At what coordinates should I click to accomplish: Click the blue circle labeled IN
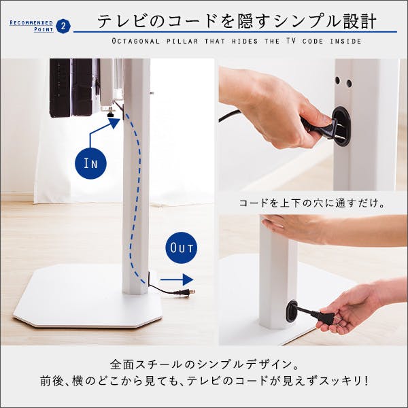point(90,163)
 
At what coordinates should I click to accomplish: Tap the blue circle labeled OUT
point(182,248)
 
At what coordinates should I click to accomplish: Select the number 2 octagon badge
point(63,26)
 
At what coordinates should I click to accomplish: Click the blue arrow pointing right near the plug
point(177,279)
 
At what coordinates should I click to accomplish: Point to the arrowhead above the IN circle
point(114,123)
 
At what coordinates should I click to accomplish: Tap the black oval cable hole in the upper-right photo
point(341,125)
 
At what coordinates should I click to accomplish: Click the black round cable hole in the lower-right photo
point(292,311)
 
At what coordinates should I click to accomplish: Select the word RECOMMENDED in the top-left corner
point(31,22)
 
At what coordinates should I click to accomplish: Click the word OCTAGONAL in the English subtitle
point(136,41)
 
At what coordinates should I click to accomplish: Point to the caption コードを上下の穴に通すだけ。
point(312,203)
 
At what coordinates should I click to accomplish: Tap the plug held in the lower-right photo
point(322,318)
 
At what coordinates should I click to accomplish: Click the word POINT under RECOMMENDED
point(44,29)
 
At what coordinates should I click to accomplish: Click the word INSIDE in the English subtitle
point(346,41)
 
